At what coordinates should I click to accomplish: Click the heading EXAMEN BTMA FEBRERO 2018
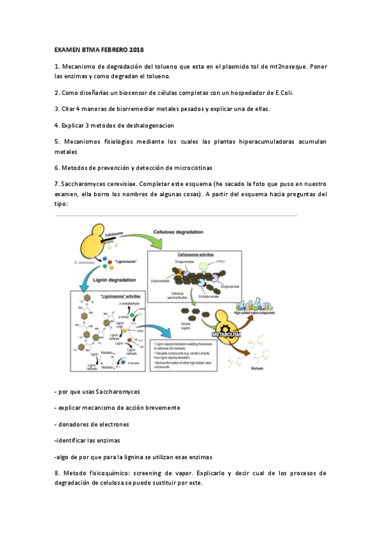click(99, 49)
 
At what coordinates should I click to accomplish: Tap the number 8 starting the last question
click(57, 473)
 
